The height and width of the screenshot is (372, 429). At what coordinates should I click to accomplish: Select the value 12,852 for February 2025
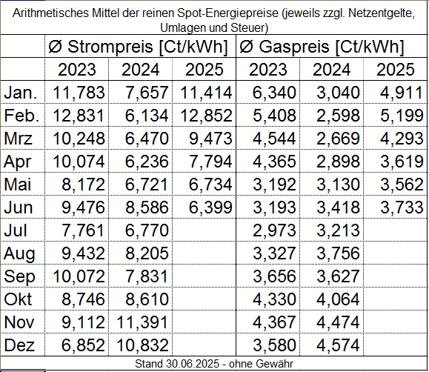pyautogui.click(x=206, y=116)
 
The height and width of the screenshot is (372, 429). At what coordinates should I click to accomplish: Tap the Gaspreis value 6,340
pyautogui.click(x=274, y=93)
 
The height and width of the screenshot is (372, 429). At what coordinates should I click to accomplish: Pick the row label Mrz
pyautogui.click(x=18, y=139)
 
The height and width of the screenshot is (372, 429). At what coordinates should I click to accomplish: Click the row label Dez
pyautogui.click(x=19, y=345)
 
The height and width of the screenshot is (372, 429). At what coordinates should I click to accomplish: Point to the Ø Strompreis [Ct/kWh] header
pyautogui.click(x=138, y=47)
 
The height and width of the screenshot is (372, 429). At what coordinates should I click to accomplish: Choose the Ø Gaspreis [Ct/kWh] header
pyautogui.click(x=322, y=47)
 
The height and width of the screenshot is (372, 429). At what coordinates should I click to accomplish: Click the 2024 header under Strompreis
pyautogui.click(x=140, y=70)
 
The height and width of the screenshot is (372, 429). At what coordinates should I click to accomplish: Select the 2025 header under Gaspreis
pyautogui.click(x=396, y=70)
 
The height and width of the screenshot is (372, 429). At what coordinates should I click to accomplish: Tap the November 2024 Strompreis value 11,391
pyautogui.click(x=142, y=322)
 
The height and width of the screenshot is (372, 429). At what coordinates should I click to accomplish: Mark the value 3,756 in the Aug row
pyautogui.click(x=338, y=253)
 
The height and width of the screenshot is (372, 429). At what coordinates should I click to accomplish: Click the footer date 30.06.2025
pyautogui.click(x=193, y=364)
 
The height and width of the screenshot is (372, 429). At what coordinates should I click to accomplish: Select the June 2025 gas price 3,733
pyautogui.click(x=402, y=207)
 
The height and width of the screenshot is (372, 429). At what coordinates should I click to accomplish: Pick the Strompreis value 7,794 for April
pyautogui.click(x=210, y=162)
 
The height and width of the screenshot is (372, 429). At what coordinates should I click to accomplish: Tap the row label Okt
pyautogui.click(x=18, y=299)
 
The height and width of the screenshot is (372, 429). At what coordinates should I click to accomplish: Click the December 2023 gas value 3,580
pyautogui.click(x=274, y=345)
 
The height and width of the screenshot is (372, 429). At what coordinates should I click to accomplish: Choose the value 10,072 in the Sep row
pyautogui.click(x=79, y=276)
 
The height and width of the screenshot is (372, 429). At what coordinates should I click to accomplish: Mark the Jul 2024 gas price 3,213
pyautogui.click(x=338, y=230)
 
